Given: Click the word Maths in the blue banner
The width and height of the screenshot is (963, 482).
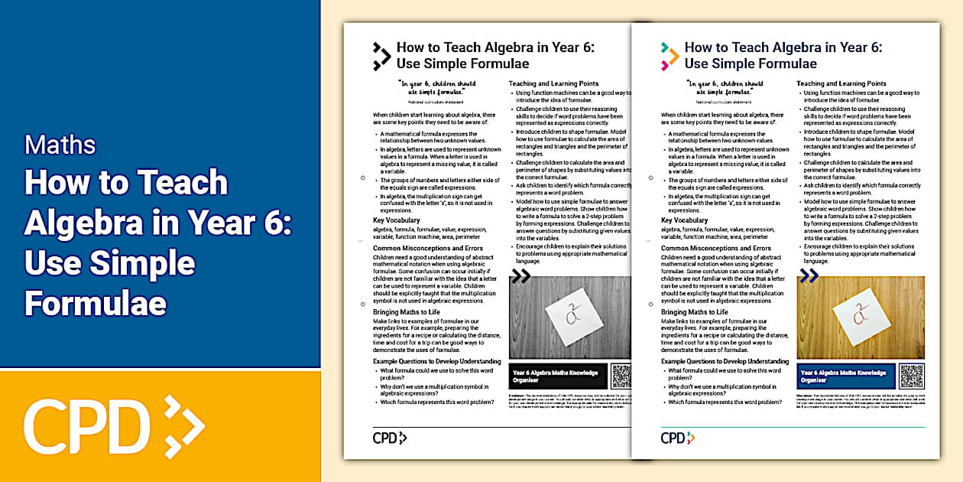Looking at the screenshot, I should coord(60,145).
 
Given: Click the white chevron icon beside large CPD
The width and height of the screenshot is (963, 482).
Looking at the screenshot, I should coord(183,425).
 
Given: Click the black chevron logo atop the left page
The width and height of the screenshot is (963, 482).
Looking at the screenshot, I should coord(381,56).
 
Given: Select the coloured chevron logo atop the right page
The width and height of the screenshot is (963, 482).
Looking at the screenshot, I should coord(670,56).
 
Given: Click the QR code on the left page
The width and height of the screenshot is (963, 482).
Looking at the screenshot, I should coord(621,375).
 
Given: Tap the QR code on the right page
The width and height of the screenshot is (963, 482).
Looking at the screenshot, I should coord(911,375).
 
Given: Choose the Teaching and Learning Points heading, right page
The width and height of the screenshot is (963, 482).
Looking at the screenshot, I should coord(841,83).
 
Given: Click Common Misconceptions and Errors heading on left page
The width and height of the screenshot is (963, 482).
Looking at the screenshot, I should coord(428,249).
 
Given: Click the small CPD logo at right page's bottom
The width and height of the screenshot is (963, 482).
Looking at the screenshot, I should coord(678,438).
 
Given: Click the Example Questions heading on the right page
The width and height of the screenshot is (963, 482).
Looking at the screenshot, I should coord(724,361).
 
